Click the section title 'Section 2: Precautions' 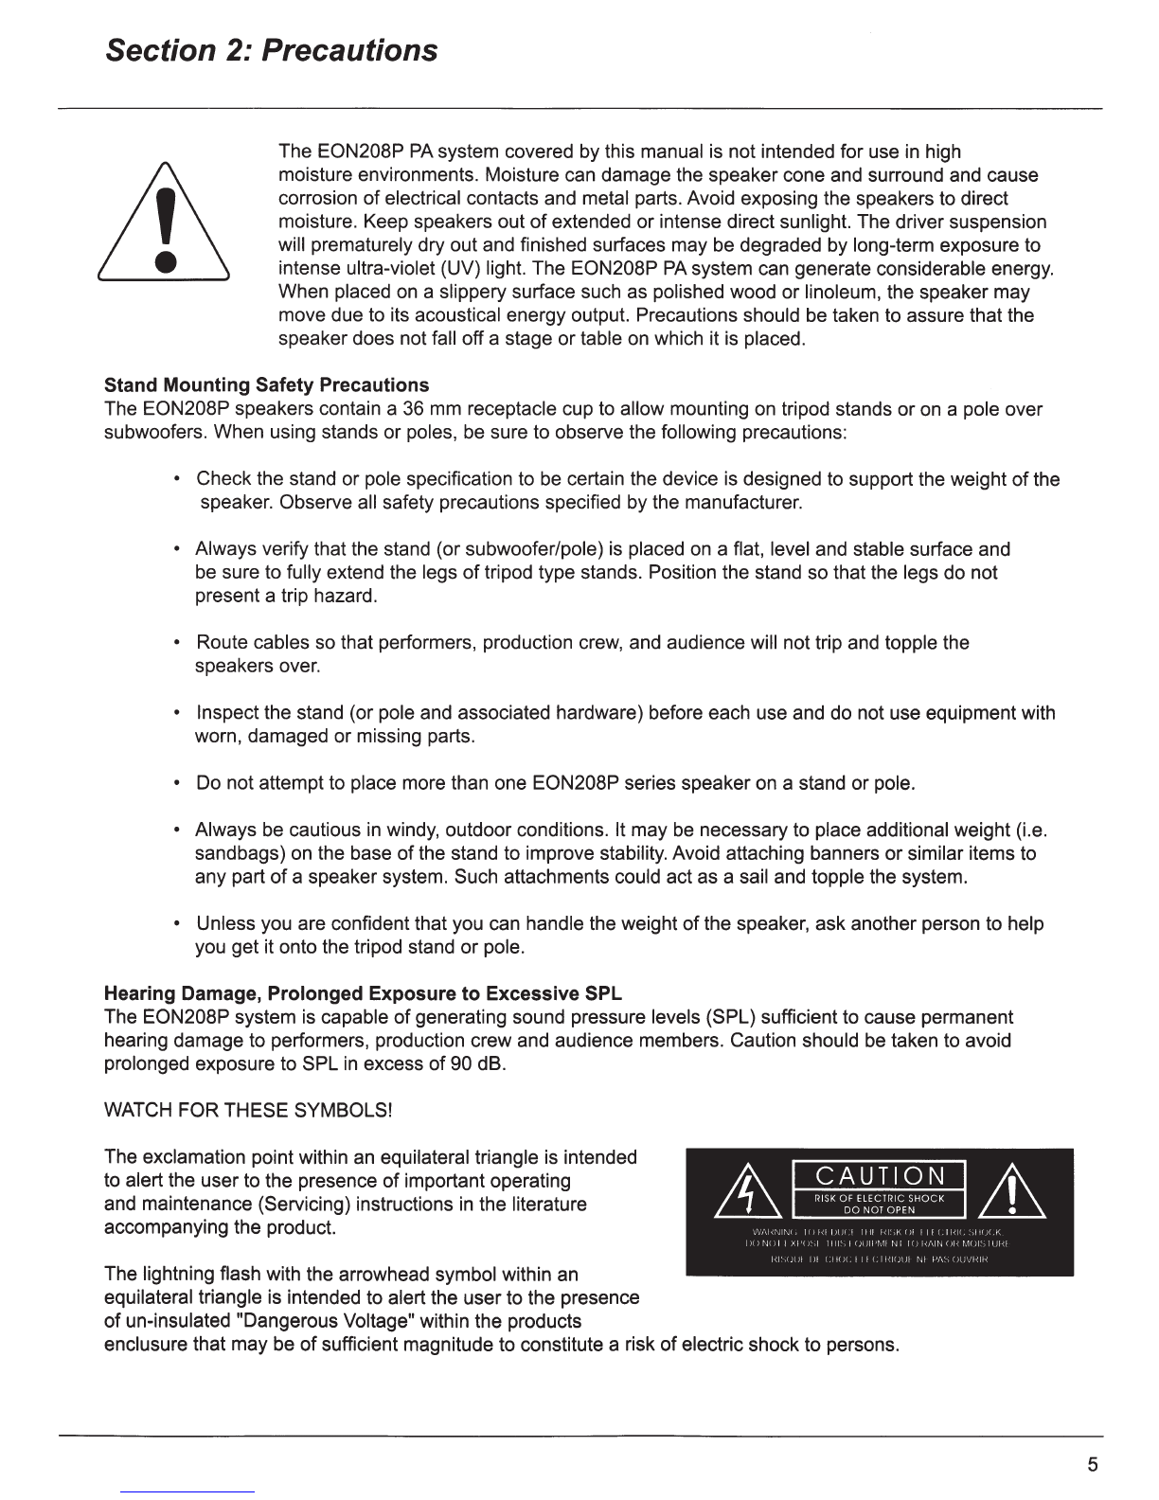[x=272, y=50]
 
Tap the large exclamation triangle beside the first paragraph [x=167, y=223]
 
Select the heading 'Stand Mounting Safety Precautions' [x=266, y=385]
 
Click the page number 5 [x=1093, y=1466]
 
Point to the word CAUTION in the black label [x=880, y=1176]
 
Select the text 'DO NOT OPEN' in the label [x=880, y=1210]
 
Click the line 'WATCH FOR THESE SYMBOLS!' [x=248, y=1111]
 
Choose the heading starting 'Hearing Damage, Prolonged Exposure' [x=363, y=994]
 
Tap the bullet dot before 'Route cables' [x=178, y=644]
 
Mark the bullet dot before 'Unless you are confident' [x=178, y=924]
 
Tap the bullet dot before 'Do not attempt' [x=178, y=784]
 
